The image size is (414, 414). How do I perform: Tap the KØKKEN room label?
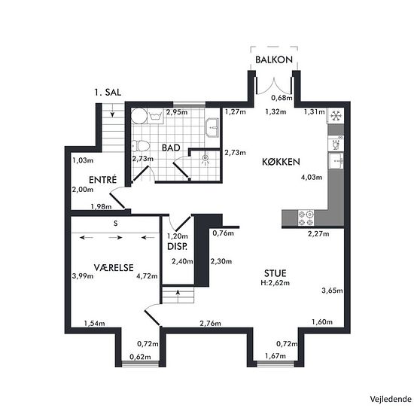pyautogui.click(x=282, y=162)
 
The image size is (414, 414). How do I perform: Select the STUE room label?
pyautogui.click(x=275, y=272)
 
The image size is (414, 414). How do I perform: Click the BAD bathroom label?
pyautogui.click(x=170, y=148)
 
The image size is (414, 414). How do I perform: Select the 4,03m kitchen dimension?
pyautogui.click(x=311, y=178)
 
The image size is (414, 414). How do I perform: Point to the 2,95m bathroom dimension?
pyautogui.click(x=176, y=112)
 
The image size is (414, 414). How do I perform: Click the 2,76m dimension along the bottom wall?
pyautogui.click(x=210, y=323)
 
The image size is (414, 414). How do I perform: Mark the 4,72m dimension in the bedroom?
pyautogui.click(x=147, y=275)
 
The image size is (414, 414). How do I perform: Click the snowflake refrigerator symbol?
pyautogui.click(x=336, y=115)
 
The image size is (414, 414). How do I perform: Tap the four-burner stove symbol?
pyautogui.click(x=306, y=218)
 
